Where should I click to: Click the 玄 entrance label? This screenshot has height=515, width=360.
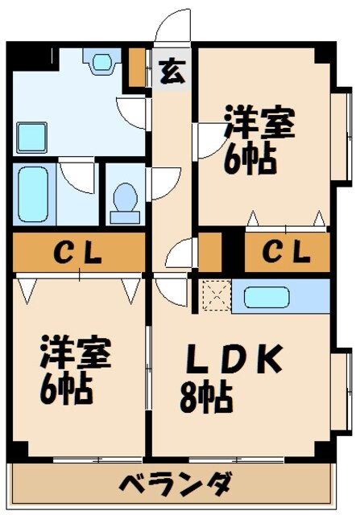171,71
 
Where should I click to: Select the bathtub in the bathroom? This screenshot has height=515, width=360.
34,195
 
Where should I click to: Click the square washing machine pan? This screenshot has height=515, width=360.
33,135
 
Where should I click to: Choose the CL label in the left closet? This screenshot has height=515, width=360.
78,253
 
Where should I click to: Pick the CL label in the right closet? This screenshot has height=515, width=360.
288,253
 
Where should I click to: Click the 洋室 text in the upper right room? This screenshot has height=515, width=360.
259,125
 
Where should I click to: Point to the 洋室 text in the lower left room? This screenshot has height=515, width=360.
77,355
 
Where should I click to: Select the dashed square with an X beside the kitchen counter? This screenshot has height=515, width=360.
214,295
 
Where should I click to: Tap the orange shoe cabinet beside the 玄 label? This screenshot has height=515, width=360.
138,68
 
